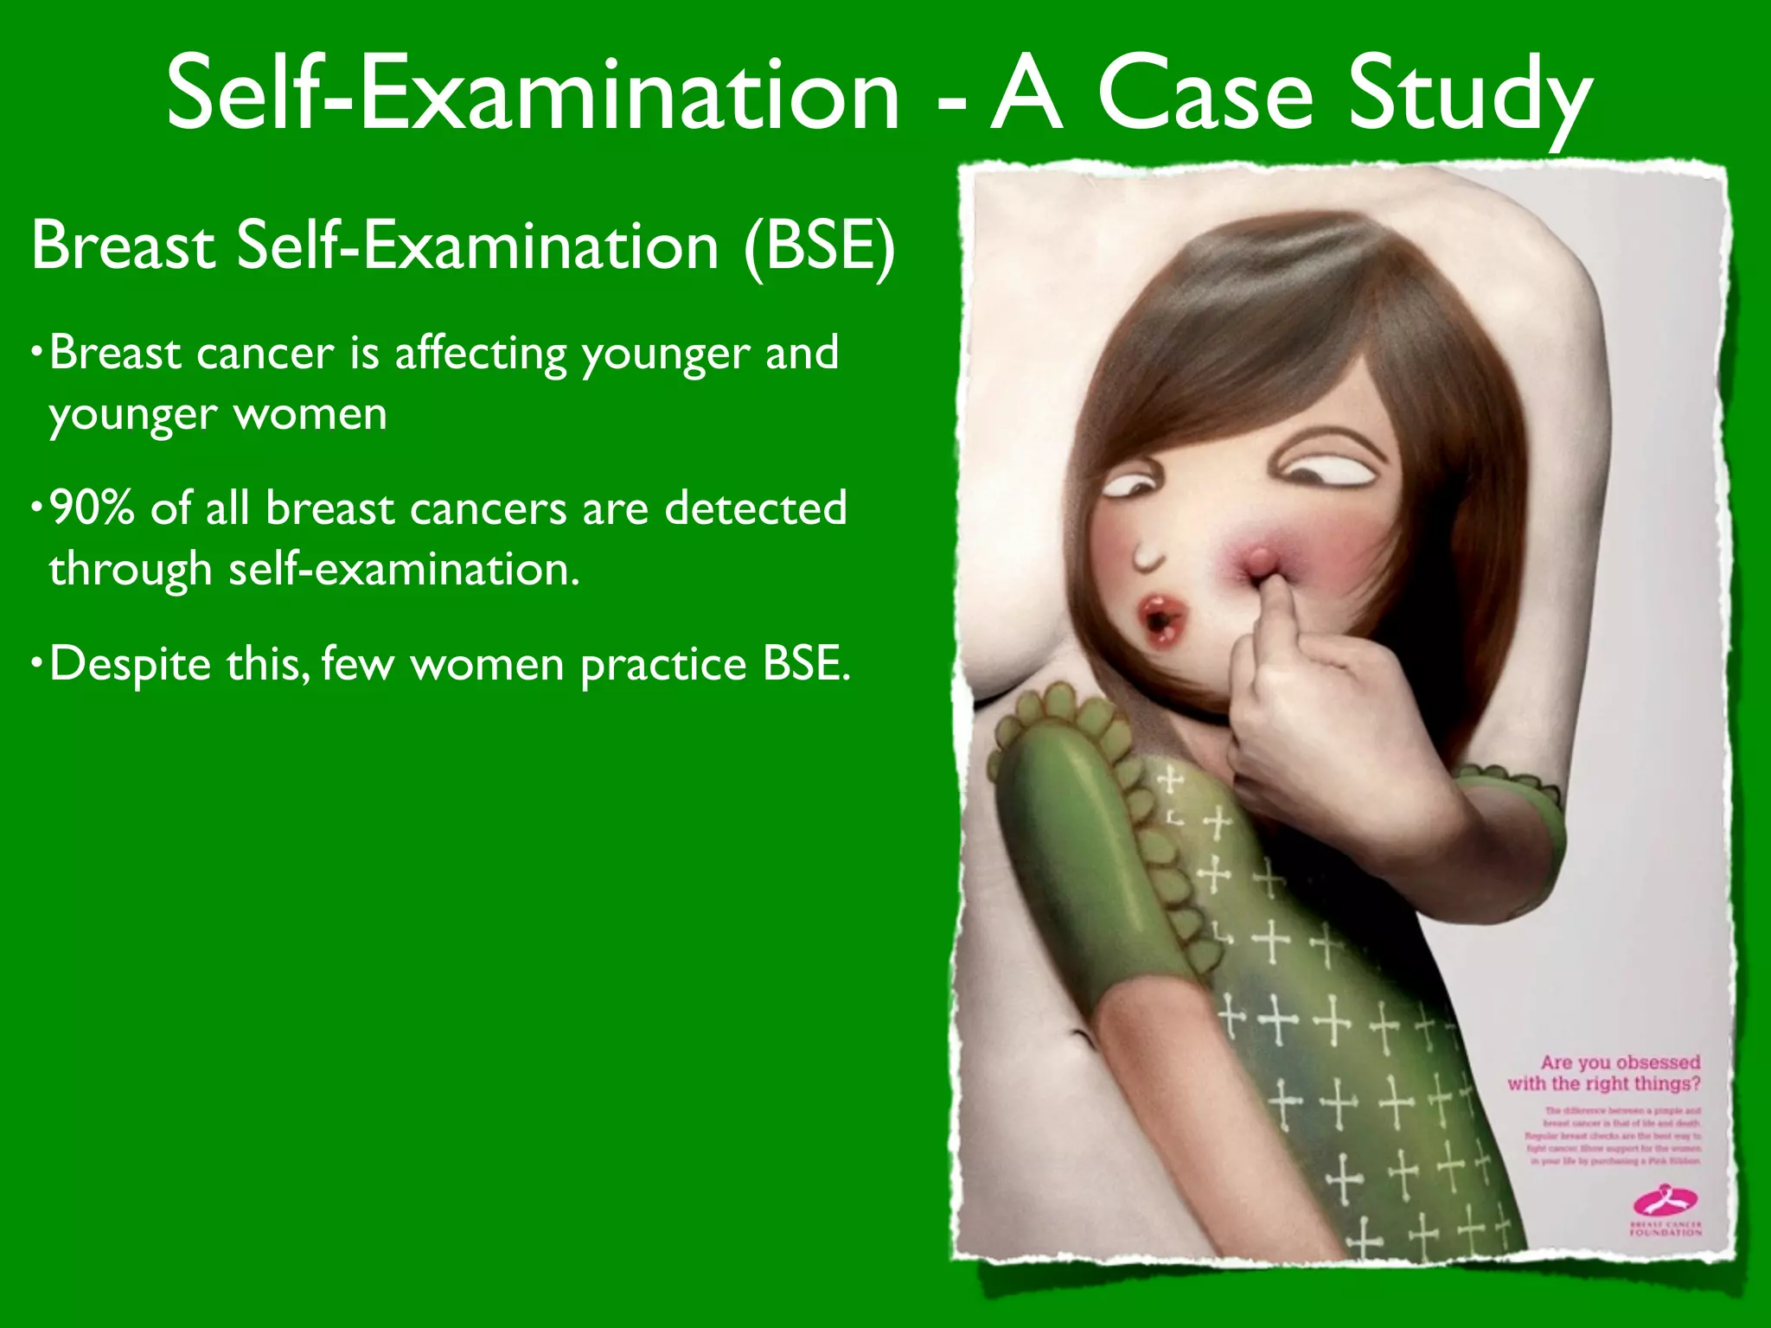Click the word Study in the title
click(1470, 97)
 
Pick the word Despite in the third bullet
click(129, 665)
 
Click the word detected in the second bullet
click(755, 508)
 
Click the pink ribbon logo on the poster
click(1665, 1203)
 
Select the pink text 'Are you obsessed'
click(1620, 1063)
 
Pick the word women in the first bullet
click(311, 414)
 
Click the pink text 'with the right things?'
click(1603, 1083)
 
